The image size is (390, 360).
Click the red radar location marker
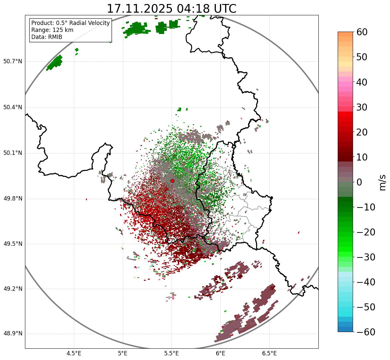point(172,181)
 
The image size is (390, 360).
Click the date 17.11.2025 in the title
point(140,9)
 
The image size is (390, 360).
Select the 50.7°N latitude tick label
point(12,62)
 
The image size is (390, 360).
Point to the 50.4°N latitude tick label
point(12,107)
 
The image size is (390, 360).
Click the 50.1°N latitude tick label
point(12,153)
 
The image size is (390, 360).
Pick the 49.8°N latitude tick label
point(12,199)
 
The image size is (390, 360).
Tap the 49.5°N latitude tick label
point(12,244)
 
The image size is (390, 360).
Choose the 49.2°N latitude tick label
point(12,289)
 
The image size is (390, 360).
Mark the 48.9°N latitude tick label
point(12,334)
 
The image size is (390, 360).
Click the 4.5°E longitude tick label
point(74,353)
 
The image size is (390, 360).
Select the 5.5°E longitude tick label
point(172,353)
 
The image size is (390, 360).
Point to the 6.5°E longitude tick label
point(269,353)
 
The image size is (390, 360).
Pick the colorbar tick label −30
point(366,257)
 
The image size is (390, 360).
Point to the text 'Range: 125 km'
point(52,30)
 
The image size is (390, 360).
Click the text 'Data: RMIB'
point(47,37)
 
